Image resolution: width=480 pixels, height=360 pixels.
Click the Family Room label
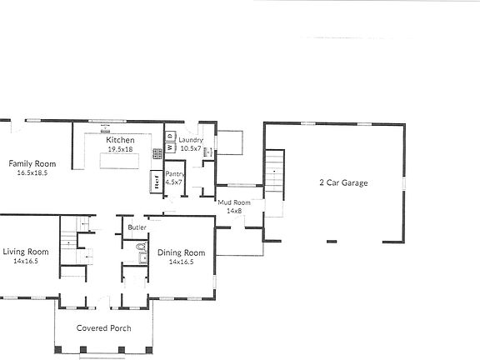[27, 163]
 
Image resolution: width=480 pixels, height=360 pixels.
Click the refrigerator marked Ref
[155, 182]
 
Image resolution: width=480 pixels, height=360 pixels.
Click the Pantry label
[174, 173]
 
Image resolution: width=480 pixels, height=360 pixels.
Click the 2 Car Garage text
[343, 182]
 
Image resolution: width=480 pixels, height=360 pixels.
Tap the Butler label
[137, 227]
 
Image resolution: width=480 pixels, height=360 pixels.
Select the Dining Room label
[182, 252]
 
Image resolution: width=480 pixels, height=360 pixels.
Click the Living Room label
[25, 252]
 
